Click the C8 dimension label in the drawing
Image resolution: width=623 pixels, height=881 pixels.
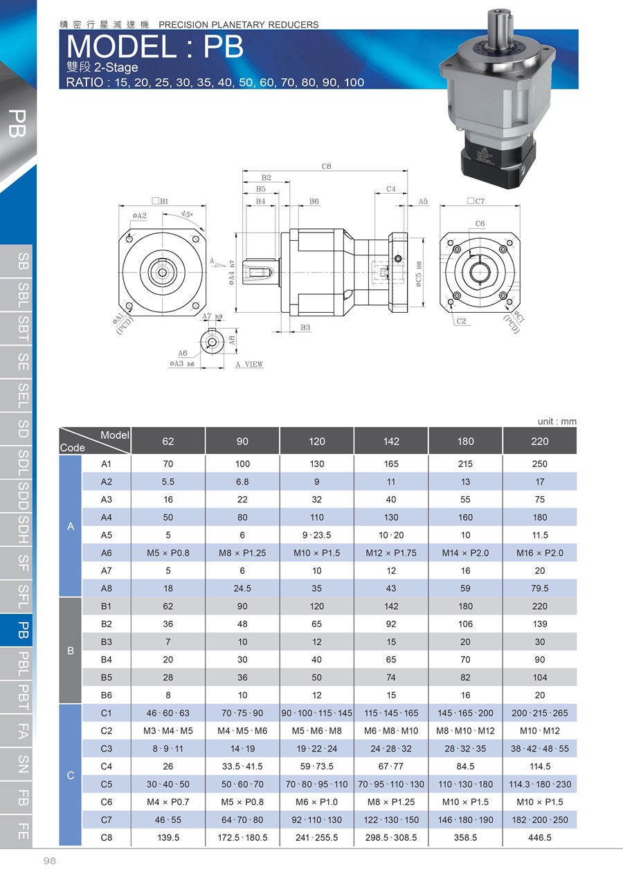[326, 166]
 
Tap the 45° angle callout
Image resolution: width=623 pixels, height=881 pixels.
[186, 215]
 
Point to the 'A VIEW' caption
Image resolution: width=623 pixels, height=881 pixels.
[249, 365]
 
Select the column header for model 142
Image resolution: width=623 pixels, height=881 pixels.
[391, 442]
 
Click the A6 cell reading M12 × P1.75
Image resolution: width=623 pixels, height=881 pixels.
[391, 553]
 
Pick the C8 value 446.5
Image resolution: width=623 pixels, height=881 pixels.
[540, 837]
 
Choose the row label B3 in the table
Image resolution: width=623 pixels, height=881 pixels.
[106, 642]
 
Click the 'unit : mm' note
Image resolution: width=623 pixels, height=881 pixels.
[557, 421]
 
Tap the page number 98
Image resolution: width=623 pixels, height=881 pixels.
[50, 861]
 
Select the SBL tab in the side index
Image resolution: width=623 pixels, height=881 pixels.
[24, 295]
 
